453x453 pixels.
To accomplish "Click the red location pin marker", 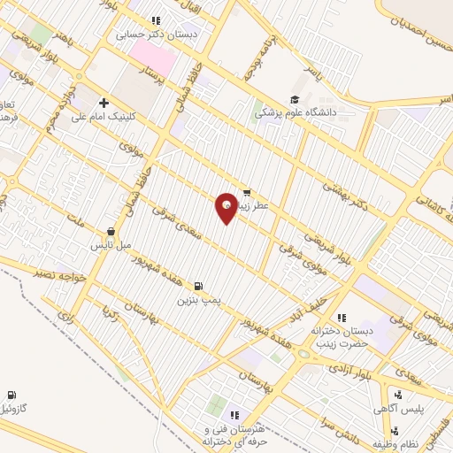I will point(226,207).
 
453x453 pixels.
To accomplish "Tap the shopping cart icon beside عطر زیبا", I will point(246,191).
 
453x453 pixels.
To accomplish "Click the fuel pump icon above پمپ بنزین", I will point(196,286).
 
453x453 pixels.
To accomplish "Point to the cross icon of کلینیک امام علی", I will point(104,103).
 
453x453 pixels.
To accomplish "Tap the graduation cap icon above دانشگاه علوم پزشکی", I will point(294,99).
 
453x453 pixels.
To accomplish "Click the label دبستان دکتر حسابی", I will point(156,35).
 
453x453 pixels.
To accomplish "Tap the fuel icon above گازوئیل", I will point(11,395).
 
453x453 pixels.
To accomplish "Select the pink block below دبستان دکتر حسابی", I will point(152,55).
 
